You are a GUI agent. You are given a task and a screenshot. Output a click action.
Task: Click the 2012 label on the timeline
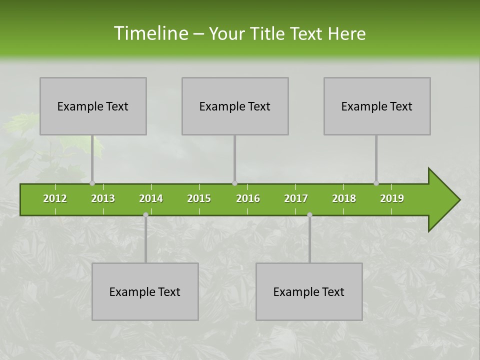[55, 198]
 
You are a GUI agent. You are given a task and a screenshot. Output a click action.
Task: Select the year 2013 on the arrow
[103, 198]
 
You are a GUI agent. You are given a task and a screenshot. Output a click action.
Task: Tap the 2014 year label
[151, 198]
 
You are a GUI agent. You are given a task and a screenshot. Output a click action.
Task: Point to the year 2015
[199, 198]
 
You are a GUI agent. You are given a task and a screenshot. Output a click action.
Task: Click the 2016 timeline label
[248, 198]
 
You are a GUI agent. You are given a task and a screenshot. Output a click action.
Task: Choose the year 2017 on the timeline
[296, 198]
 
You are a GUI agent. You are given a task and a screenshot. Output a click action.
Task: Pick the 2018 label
[344, 198]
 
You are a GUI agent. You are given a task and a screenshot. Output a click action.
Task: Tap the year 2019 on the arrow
[392, 198]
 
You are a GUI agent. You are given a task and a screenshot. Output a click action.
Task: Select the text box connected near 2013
[93, 106]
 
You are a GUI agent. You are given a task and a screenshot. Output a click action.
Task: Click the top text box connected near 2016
[235, 106]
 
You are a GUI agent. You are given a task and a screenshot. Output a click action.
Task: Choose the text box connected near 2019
[377, 106]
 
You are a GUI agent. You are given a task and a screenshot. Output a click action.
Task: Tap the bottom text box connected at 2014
[145, 291]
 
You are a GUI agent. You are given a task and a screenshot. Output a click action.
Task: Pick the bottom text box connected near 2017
[309, 291]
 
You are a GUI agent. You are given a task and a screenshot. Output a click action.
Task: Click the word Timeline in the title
[150, 33]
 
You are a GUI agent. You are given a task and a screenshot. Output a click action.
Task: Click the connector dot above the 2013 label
[92, 183]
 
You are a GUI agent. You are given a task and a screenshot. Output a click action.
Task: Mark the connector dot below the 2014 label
[145, 215]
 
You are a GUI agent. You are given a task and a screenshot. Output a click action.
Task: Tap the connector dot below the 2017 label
[309, 215]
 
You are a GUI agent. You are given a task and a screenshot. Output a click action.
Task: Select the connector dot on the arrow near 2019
[376, 183]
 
